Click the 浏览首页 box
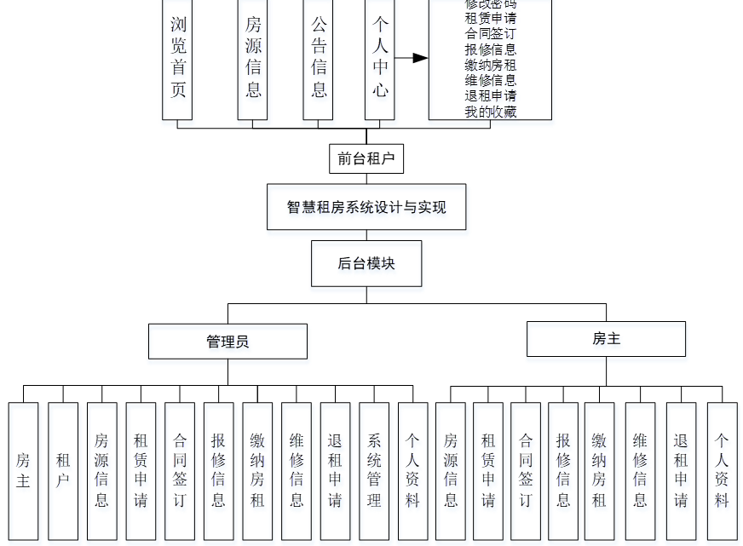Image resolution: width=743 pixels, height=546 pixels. pos(177,58)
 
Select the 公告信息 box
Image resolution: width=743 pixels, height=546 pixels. pos(319,58)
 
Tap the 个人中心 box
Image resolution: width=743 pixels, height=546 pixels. pos(379,58)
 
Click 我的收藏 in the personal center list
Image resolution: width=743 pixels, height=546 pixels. pos(491,112)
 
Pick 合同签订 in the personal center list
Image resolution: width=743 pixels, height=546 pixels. pos(491,34)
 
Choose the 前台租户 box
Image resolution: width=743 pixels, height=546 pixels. pos(366,158)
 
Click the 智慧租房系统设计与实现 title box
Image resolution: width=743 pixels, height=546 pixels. pos(366,207)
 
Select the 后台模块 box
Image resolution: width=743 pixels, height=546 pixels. pos(366,263)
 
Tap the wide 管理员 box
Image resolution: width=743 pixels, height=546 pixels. pos(228,342)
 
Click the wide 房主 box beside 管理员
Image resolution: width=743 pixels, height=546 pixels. pos(606,339)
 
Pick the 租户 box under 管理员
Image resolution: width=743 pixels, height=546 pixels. pos(63,470)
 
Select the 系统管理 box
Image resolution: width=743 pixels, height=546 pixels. pos(374,470)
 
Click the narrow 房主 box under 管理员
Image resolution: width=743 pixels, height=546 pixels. pos(23,470)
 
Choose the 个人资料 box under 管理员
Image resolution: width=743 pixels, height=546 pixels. pos(412,470)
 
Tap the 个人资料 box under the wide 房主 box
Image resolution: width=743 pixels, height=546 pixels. pos(722,470)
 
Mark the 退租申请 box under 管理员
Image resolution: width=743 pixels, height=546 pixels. pos(335,470)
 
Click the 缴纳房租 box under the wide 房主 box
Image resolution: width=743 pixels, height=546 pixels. pos(599,470)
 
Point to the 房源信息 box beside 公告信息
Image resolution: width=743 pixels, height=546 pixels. pos(252,58)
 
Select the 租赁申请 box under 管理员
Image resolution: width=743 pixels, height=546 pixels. pos(141,470)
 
